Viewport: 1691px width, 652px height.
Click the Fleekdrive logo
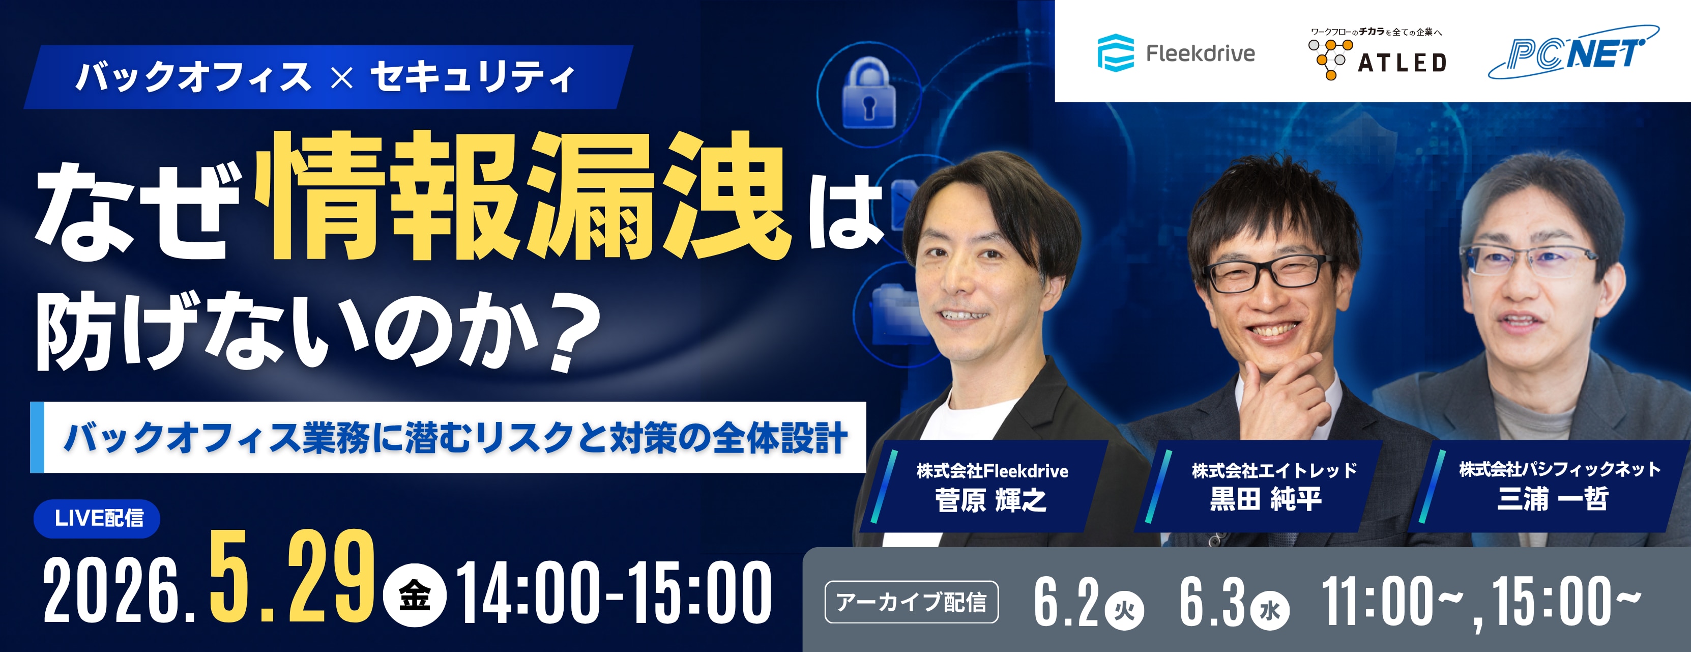pos(1176,52)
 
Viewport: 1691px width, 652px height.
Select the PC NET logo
pos(1573,52)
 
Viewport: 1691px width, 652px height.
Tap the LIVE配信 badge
pos(97,518)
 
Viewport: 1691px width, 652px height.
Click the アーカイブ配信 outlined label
pos(911,602)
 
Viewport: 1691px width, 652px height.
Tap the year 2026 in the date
pos(111,591)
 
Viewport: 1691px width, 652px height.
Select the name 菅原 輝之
pos(990,500)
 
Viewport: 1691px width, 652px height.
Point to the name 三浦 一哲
pos(1553,498)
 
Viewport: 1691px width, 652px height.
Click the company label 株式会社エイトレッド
pos(1274,470)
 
